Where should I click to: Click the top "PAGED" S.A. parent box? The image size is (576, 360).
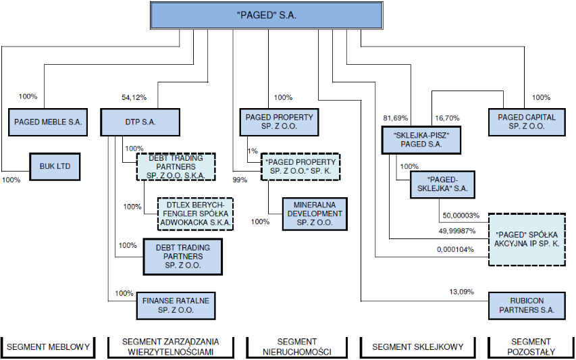coord(267,16)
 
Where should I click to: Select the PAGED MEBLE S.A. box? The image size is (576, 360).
coord(48,122)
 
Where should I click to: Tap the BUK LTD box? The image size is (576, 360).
coord(55,166)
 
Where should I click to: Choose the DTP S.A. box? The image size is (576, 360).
coord(140,122)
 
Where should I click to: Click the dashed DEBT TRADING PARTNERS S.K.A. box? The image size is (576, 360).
coord(176,167)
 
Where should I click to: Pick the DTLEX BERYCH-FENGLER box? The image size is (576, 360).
coord(195,214)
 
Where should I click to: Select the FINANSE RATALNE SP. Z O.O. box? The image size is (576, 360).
coord(176,306)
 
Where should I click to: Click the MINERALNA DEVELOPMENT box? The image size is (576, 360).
coord(315,214)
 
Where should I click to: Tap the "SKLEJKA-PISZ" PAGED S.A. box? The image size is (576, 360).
coord(421,140)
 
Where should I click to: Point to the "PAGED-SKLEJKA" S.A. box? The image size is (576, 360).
coord(443,184)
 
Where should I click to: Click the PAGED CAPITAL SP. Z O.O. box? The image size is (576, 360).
coord(527,122)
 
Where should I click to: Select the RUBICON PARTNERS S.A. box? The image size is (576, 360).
coord(527,306)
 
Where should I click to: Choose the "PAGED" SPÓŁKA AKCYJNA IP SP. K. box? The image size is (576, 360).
coord(527,239)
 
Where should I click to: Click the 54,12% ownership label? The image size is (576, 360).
coord(134,97)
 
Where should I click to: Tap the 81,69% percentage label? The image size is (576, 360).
coord(396,118)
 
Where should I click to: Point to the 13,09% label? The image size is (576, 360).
coord(461,292)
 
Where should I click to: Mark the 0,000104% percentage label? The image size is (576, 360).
coord(455,249)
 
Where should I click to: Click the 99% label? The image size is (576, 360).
coord(240,180)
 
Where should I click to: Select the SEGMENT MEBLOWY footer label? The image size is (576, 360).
coord(48,346)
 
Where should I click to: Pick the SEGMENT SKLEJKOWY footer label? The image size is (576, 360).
coord(418,346)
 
